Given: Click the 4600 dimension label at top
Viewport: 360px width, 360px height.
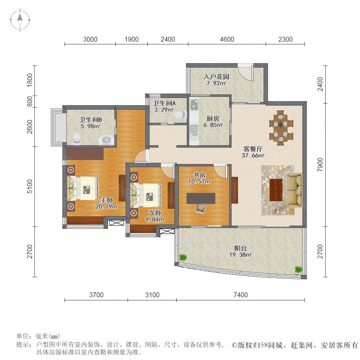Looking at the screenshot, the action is click(227, 39).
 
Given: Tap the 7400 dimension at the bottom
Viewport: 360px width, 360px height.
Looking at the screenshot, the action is click(241, 295).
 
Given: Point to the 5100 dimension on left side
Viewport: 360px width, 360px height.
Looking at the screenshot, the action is click(30, 186).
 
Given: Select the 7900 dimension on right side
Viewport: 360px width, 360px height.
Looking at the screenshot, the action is click(320, 165).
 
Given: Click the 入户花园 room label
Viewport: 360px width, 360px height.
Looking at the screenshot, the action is click(216, 76).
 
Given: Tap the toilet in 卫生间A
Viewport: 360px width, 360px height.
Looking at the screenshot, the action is click(181, 114).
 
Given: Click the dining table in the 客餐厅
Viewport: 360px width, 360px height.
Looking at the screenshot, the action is click(282, 128).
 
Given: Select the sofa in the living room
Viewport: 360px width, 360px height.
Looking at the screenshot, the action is click(295, 190).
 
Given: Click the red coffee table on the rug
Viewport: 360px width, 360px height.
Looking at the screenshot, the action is click(276, 190).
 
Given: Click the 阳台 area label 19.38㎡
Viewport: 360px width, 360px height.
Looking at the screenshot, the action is click(241, 255).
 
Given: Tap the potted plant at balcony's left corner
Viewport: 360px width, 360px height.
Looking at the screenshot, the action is click(183, 257).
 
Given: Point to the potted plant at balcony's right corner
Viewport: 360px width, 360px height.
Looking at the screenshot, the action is click(298, 269).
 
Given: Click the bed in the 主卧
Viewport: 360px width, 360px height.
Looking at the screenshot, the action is click(83, 188).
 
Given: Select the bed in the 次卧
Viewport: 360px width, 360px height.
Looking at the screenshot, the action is click(146, 195).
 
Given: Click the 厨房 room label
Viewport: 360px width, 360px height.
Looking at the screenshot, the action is click(213, 118).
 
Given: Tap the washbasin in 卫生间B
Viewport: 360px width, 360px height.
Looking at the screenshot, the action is click(106, 140).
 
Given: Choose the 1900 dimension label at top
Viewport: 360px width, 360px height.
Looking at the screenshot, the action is click(132, 39).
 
